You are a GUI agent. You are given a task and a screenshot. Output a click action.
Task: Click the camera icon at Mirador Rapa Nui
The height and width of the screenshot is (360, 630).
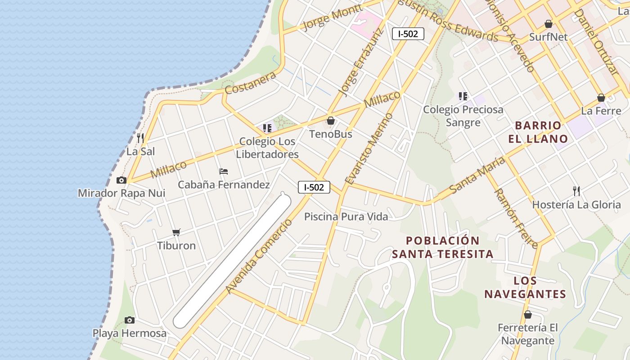pos(121,180)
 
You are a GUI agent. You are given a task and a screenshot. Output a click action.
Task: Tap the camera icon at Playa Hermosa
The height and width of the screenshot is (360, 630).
pos(130,320)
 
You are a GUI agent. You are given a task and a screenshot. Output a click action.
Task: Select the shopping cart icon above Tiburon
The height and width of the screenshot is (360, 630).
pos(176,233)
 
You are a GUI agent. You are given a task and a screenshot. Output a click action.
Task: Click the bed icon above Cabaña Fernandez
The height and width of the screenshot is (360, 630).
pos(224,171)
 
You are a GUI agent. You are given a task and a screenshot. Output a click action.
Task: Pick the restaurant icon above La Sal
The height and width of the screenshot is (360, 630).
pos(140,138)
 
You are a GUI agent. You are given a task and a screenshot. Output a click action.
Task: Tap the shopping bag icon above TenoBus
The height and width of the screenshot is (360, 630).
pos(331,121)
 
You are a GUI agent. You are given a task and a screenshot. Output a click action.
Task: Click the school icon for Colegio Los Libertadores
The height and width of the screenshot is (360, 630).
pos(268,128)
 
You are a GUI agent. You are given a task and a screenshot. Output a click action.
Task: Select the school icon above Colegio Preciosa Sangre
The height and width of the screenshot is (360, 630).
pos(463,96)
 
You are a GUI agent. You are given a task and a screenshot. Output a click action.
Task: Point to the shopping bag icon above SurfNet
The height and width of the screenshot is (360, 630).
pos(548,24)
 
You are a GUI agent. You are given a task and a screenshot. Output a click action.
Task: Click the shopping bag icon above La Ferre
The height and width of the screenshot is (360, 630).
pos(601,98)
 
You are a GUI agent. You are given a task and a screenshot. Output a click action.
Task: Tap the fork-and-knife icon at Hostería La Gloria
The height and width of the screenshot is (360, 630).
pos(576,191)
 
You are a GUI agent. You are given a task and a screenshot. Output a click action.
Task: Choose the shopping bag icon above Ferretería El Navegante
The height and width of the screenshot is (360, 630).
pos(527,315)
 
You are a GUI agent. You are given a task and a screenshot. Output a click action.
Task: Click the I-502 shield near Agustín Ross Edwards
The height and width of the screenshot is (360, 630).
pos(408,34)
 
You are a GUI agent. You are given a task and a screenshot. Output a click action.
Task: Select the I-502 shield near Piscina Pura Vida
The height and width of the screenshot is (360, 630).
pos(314,187)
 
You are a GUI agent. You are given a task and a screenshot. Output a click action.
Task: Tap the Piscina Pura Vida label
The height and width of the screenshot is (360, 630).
pos(346,216)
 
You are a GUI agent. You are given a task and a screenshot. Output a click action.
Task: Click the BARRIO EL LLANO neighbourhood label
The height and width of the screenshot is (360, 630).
pos(538,132)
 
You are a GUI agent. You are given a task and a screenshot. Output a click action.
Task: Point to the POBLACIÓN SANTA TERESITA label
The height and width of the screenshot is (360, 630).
pos(442,247)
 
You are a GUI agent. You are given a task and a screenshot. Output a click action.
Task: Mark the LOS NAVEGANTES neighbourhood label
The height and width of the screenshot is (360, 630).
pos(525,288)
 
